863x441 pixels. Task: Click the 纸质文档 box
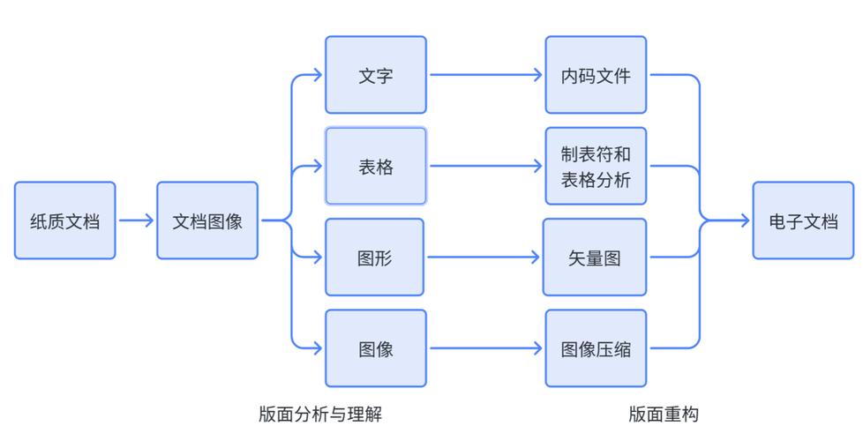pos(64,220)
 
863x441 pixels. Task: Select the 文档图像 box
pos(207,220)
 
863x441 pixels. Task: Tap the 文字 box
pos(375,75)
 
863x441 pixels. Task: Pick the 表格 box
pos(375,166)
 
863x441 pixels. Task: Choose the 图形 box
pos(375,258)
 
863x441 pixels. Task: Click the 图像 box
pos(375,348)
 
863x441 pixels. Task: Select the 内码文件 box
pos(596,75)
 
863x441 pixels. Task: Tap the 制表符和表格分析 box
pos(596,166)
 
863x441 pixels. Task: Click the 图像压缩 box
pos(596,348)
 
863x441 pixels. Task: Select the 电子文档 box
pos(803,220)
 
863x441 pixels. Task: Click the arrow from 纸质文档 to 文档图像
pos(136,220)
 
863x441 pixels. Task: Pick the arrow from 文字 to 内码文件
pos(485,75)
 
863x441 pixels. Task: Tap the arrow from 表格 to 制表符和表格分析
pos(485,166)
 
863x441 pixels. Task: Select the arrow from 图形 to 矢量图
pos(484,258)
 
